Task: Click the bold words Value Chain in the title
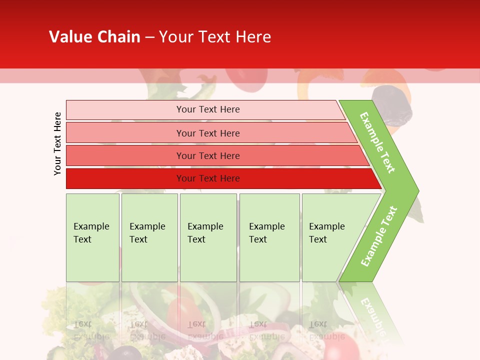[x=94, y=37]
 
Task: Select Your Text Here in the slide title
[x=215, y=37]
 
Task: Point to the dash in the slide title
[x=149, y=37]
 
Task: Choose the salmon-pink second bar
[x=207, y=133]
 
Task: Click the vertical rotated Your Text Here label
[x=57, y=143]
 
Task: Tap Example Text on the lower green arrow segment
[x=379, y=236]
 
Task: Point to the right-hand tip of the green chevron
[x=417, y=190]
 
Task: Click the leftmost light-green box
[x=92, y=237]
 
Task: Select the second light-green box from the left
[x=149, y=237]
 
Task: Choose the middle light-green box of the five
[x=208, y=237]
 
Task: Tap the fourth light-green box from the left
[x=269, y=237]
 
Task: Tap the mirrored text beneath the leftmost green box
[x=90, y=330]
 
